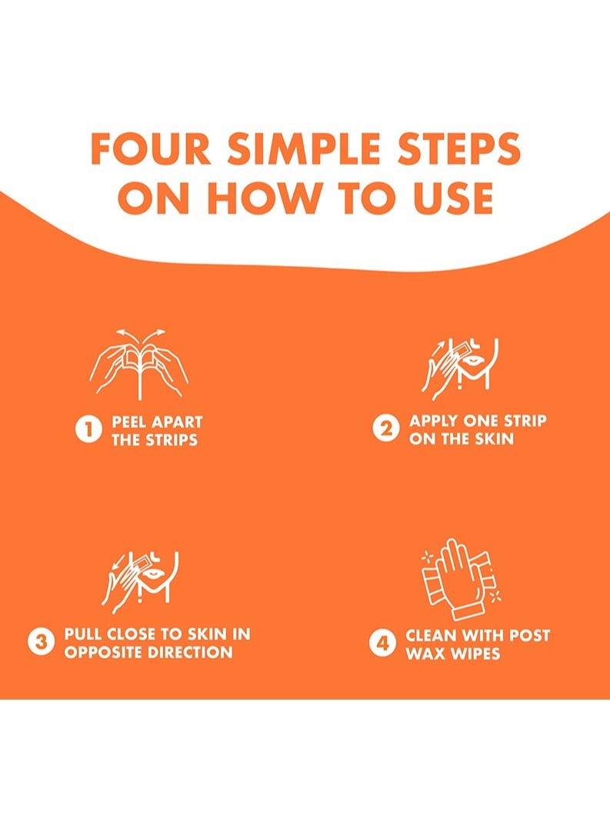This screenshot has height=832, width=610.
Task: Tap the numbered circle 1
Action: pos(88,429)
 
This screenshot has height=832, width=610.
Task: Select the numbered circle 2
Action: pos(385,429)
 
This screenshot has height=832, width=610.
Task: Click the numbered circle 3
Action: pos(41,642)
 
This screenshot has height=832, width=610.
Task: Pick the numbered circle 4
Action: pos(382,643)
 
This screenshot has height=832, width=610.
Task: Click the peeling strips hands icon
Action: pos(139,364)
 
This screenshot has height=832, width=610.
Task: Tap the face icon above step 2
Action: pos(460,369)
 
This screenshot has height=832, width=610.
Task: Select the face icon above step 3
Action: pos(141,583)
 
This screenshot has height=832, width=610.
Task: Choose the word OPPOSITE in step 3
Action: pos(104,652)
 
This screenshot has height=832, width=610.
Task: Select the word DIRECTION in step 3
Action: pos(190,652)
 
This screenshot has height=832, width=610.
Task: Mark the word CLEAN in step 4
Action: pos(431,635)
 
